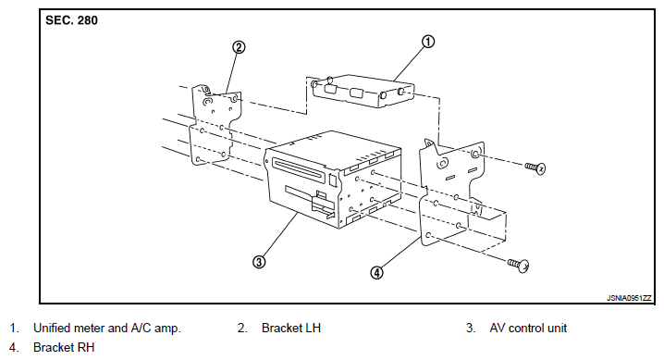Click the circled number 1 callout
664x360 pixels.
[428, 42]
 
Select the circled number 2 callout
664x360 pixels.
[239, 47]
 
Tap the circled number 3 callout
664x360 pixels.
[259, 262]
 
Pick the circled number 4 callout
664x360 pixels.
[376, 272]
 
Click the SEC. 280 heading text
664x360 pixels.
[71, 20]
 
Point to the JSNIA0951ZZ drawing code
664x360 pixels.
[629, 298]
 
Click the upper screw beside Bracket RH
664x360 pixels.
[535, 168]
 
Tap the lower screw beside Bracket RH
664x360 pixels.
[519, 265]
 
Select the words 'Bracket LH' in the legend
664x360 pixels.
[291, 328]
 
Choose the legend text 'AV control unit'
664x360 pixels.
[528, 328]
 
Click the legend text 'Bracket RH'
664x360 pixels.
[64, 347]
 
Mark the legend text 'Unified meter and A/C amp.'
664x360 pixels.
[107, 328]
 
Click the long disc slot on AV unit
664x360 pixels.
[300, 169]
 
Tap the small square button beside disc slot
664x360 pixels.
[333, 180]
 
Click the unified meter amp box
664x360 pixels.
[363, 91]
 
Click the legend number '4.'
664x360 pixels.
[14, 347]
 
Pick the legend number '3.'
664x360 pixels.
[471, 328]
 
